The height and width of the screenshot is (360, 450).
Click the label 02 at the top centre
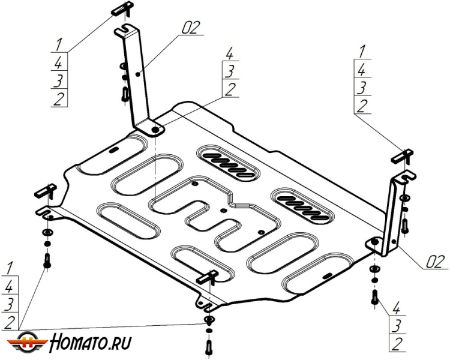[x=190, y=27]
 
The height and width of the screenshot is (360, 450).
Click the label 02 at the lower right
[x=434, y=262]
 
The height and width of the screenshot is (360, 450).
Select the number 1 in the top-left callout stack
[x=59, y=44]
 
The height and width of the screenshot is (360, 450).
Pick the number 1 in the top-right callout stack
[x=361, y=52]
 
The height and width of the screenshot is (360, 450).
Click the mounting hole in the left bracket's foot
[x=155, y=129]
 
